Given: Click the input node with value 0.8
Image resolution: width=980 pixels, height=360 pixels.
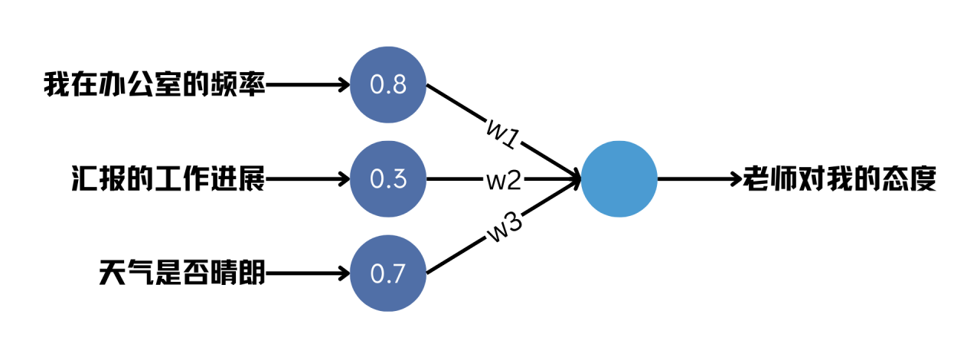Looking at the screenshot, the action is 388,84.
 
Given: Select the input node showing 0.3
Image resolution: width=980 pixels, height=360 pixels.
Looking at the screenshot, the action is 388,178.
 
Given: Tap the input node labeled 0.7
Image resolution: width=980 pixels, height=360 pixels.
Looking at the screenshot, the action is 388,273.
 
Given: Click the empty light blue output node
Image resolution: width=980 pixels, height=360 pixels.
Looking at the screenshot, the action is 619,178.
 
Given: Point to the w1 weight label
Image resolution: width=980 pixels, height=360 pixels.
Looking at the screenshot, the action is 504,134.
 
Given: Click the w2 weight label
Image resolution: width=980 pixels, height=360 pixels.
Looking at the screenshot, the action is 504,179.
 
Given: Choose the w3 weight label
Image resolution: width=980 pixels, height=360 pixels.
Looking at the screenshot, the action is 505,227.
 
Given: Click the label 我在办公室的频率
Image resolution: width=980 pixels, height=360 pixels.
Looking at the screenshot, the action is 155,84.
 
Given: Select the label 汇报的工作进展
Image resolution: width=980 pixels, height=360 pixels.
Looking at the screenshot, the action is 168,178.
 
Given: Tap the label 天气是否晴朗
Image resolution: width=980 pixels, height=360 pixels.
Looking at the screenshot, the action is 182,273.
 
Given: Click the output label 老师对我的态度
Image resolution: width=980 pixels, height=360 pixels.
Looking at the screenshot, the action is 840,178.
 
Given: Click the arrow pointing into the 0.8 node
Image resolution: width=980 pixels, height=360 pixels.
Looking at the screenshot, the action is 308,84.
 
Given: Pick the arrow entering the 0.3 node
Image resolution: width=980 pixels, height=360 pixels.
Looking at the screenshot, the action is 308,178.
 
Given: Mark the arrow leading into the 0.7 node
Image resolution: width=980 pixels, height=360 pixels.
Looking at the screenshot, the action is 308,273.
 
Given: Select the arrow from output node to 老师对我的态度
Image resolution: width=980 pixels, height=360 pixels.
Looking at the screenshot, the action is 700,178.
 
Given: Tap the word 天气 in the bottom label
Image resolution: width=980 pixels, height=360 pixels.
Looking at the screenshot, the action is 126,273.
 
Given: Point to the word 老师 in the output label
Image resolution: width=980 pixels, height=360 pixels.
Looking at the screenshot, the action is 770,178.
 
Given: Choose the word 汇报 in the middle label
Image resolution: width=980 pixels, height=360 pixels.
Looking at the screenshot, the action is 99,178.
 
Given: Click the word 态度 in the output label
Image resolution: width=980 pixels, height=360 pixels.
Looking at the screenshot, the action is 909,178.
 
